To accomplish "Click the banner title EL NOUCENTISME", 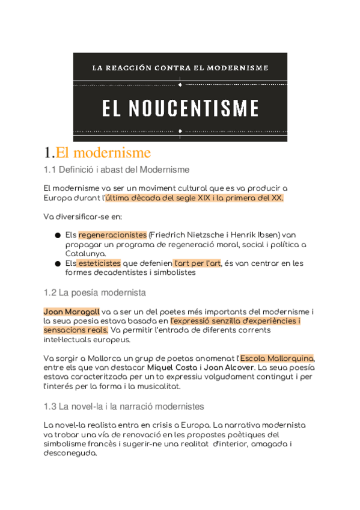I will pyautogui.click(x=180, y=108).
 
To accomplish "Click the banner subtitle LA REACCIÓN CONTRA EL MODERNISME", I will pyautogui.click(x=180, y=68).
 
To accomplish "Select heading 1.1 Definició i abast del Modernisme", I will pyautogui.click(x=117, y=170).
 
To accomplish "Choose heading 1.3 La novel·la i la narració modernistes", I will pyautogui.click(x=124, y=407).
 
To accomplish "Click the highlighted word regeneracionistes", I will pyautogui.click(x=112, y=235).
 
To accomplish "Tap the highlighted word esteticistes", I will pyautogui.click(x=99, y=263).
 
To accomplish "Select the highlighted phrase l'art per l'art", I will pyautogui.click(x=197, y=263).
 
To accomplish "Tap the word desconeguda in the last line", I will pyautogui.click(x=70, y=453).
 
